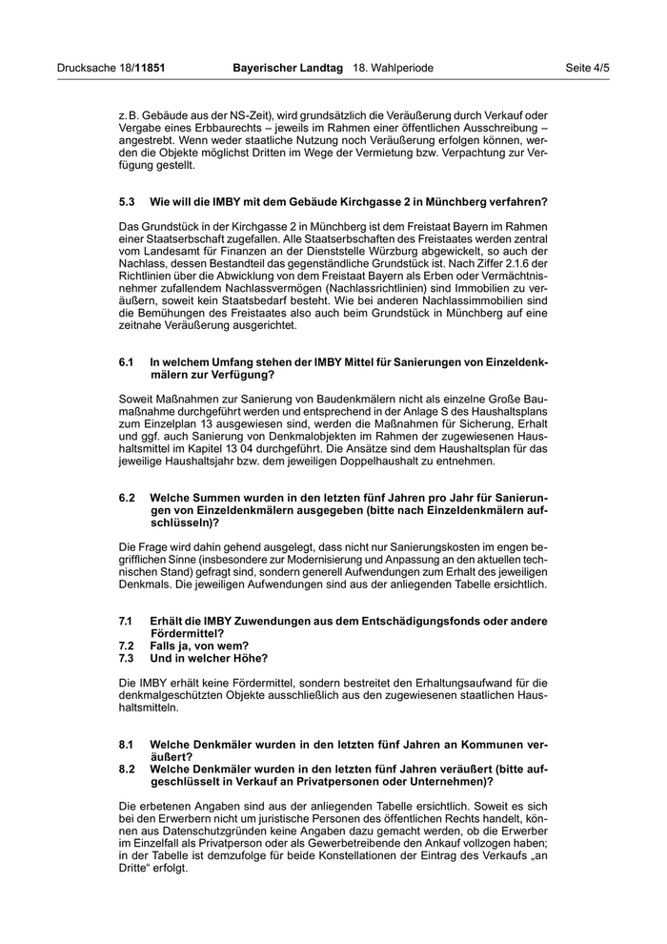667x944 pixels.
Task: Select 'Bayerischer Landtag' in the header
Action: point(289,69)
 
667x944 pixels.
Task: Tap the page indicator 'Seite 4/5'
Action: point(587,69)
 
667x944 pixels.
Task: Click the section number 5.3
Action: point(128,201)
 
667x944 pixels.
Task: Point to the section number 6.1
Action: point(128,362)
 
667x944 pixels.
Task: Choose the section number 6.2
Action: point(128,498)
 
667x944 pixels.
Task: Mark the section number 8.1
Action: point(128,743)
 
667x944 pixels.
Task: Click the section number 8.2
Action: point(128,769)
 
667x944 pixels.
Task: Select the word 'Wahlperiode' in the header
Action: point(402,69)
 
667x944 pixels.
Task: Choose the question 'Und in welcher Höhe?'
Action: point(209,658)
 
